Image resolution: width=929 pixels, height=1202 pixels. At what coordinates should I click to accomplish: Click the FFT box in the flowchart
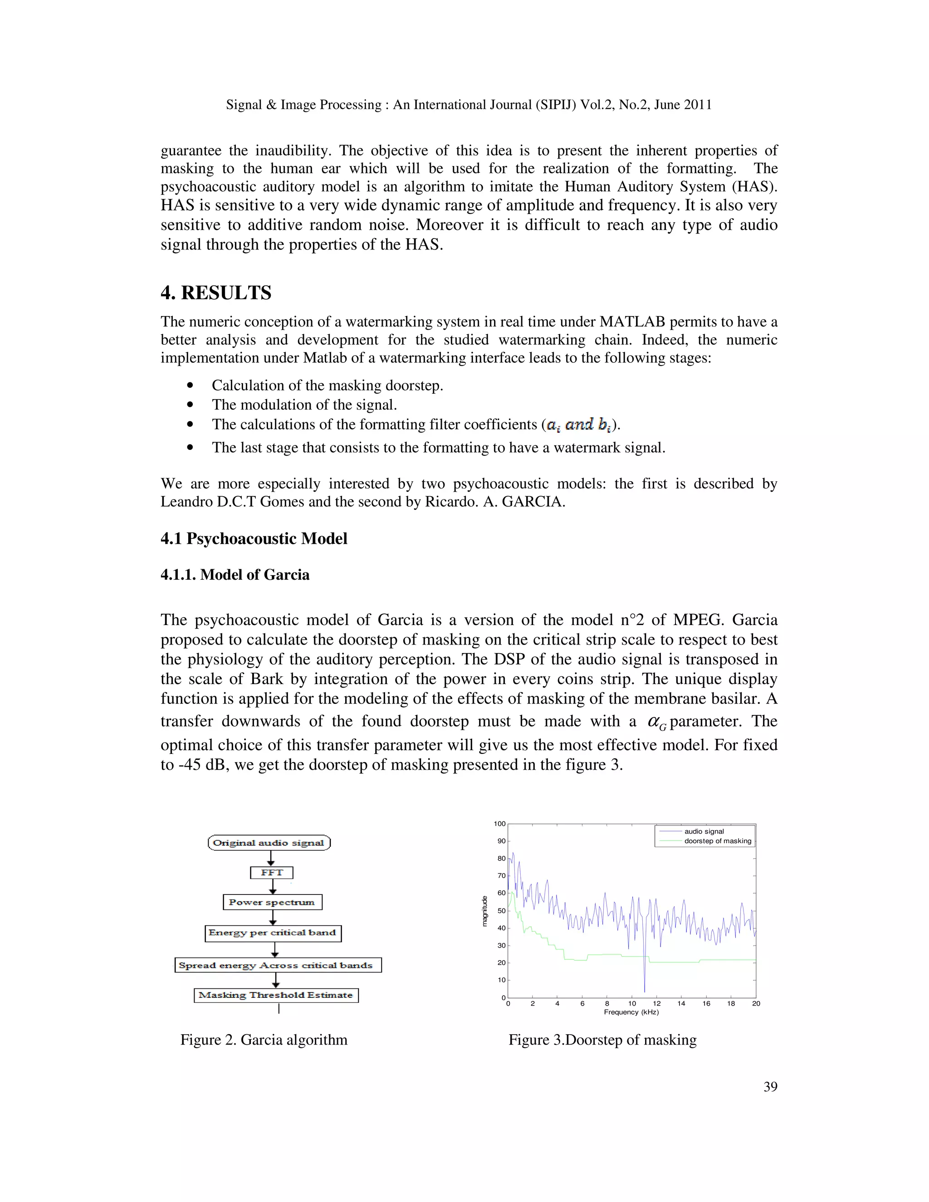pyautogui.click(x=271, y=872)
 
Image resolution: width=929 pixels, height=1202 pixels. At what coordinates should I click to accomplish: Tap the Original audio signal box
pyautogui.click(x=269, y=843)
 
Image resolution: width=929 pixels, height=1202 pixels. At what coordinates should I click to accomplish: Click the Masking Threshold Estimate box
pyautogui.click(x=276, y=995)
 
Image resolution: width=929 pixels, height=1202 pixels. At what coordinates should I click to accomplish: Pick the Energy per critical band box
pyautogui.click(x=273, y=933)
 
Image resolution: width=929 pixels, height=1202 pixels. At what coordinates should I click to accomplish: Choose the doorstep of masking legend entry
pyautogui.click(x=717, y=841)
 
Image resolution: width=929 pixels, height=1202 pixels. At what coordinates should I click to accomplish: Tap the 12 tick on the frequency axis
pyautogui.click(x=656, y=1003)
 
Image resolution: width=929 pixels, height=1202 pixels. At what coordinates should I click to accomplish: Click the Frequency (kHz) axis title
pyautogui.click(x=631, y=1012)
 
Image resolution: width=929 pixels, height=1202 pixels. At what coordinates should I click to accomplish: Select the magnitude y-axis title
pyautogui.click(x=484, y=911)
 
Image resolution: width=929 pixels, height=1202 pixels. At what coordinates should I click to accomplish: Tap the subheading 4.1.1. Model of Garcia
pyautogui.click(x=235, y=575)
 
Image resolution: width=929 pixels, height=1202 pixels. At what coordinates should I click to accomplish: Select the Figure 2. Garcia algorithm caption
pyautogui.click(x=264, y=1040)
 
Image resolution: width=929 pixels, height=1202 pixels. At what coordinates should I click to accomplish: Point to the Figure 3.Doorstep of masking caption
pyautogui.click(x=602, y=1040)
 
